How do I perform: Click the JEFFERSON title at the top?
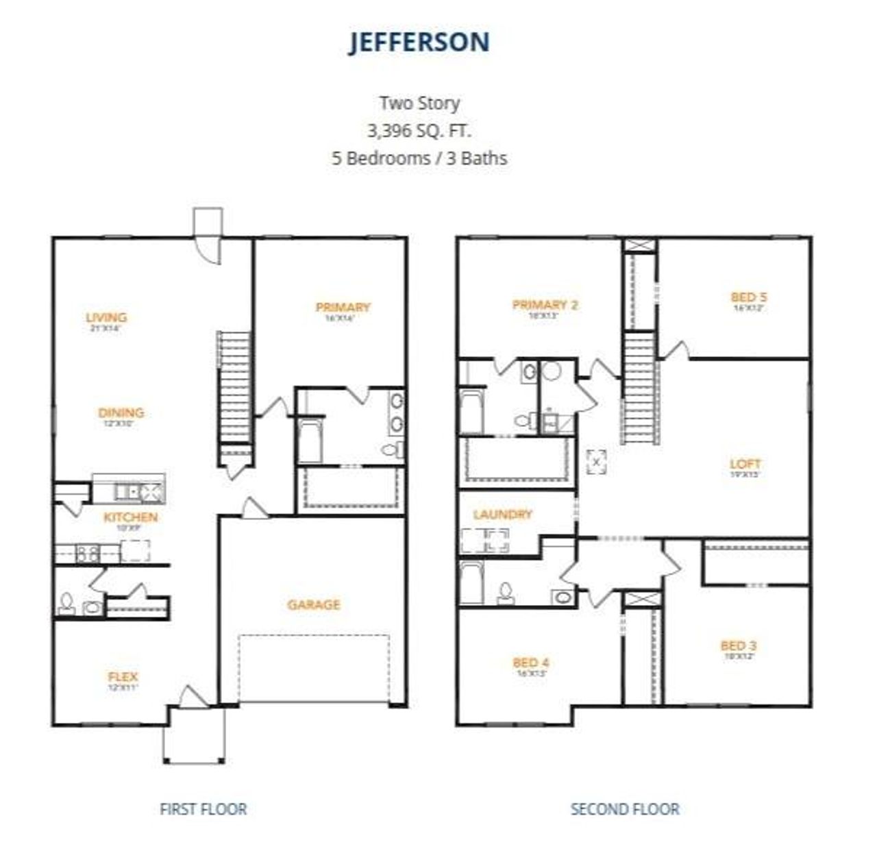pos(419,42)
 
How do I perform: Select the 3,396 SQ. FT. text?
pos(419,130)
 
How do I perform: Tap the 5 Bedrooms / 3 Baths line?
pos(419,158)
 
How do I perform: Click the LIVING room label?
pos(106,317)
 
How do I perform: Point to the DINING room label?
pos(121,412)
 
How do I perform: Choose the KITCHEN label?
pos(131,517)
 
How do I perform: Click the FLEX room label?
pos(123,677)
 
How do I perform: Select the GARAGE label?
pos(314,604)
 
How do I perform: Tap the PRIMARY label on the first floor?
pos(343,307)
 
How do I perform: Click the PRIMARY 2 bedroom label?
pos(545,305)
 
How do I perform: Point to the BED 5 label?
pos(749,297)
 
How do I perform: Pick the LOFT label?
pos(745,464)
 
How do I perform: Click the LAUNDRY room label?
pos(502,514)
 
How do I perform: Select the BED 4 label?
pos(531,663)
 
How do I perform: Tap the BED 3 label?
pos(739,645)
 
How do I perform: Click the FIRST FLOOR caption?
pos(203,809)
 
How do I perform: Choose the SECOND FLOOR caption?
pos(625,809)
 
